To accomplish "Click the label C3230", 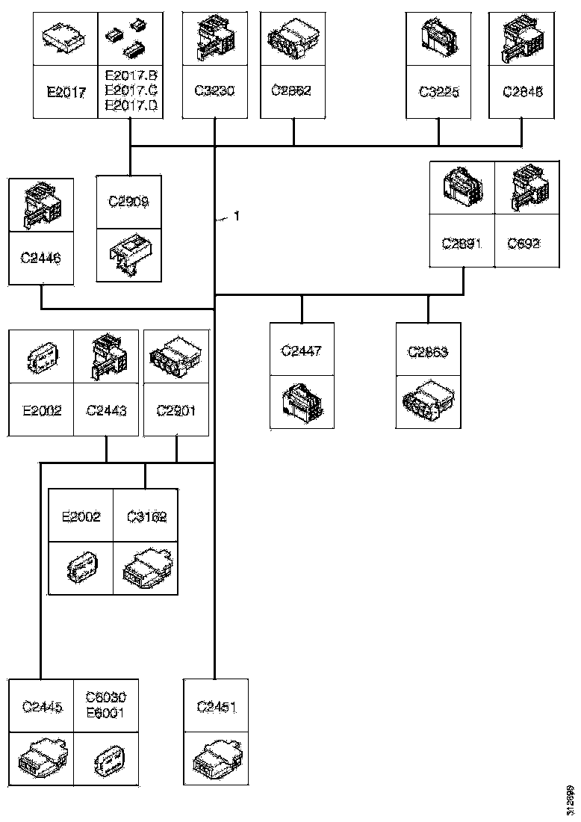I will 215,92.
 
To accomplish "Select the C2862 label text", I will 292,92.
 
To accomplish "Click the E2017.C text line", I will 131,91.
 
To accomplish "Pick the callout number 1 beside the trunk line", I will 237,217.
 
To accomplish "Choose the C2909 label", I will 128,202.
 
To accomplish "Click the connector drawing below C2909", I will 128,254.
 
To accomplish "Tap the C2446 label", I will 40,259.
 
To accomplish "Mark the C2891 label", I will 462,243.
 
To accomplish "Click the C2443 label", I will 106,410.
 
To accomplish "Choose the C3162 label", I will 146,516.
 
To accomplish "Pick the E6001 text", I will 106,713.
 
